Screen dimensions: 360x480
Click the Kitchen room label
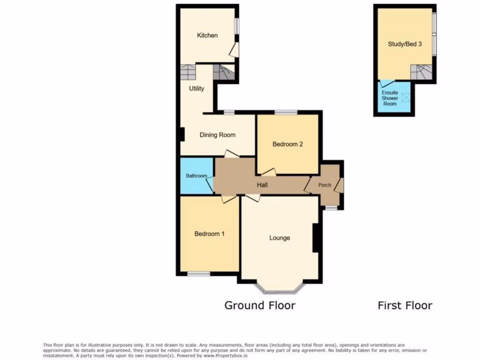pos(207,35)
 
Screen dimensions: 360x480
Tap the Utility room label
pos(196,88)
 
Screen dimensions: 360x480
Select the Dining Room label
pos(217,135)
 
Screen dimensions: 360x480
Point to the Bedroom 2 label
pos(288,144)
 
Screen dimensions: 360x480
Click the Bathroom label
pos(196,176)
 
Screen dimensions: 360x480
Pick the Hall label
pos(262,185)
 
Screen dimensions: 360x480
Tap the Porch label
pos(325,185)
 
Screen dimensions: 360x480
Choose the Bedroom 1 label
pos(209,233)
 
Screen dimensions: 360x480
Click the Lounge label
pos(279,238)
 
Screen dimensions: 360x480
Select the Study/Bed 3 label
pos(405,44)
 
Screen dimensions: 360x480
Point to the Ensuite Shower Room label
pos(390,98)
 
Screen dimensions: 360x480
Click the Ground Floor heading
pos(260,306)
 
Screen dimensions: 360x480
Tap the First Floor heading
pos(405,306)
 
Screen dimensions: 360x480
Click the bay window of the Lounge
pos(280,291)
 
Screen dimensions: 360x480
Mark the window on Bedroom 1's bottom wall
pos(199,273)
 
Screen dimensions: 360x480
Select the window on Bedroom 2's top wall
pos(285,112)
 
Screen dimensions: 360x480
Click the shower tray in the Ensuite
pos(406,97)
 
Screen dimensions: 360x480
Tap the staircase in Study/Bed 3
pos(421,72)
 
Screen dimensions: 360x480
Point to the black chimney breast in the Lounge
pos(316,238)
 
